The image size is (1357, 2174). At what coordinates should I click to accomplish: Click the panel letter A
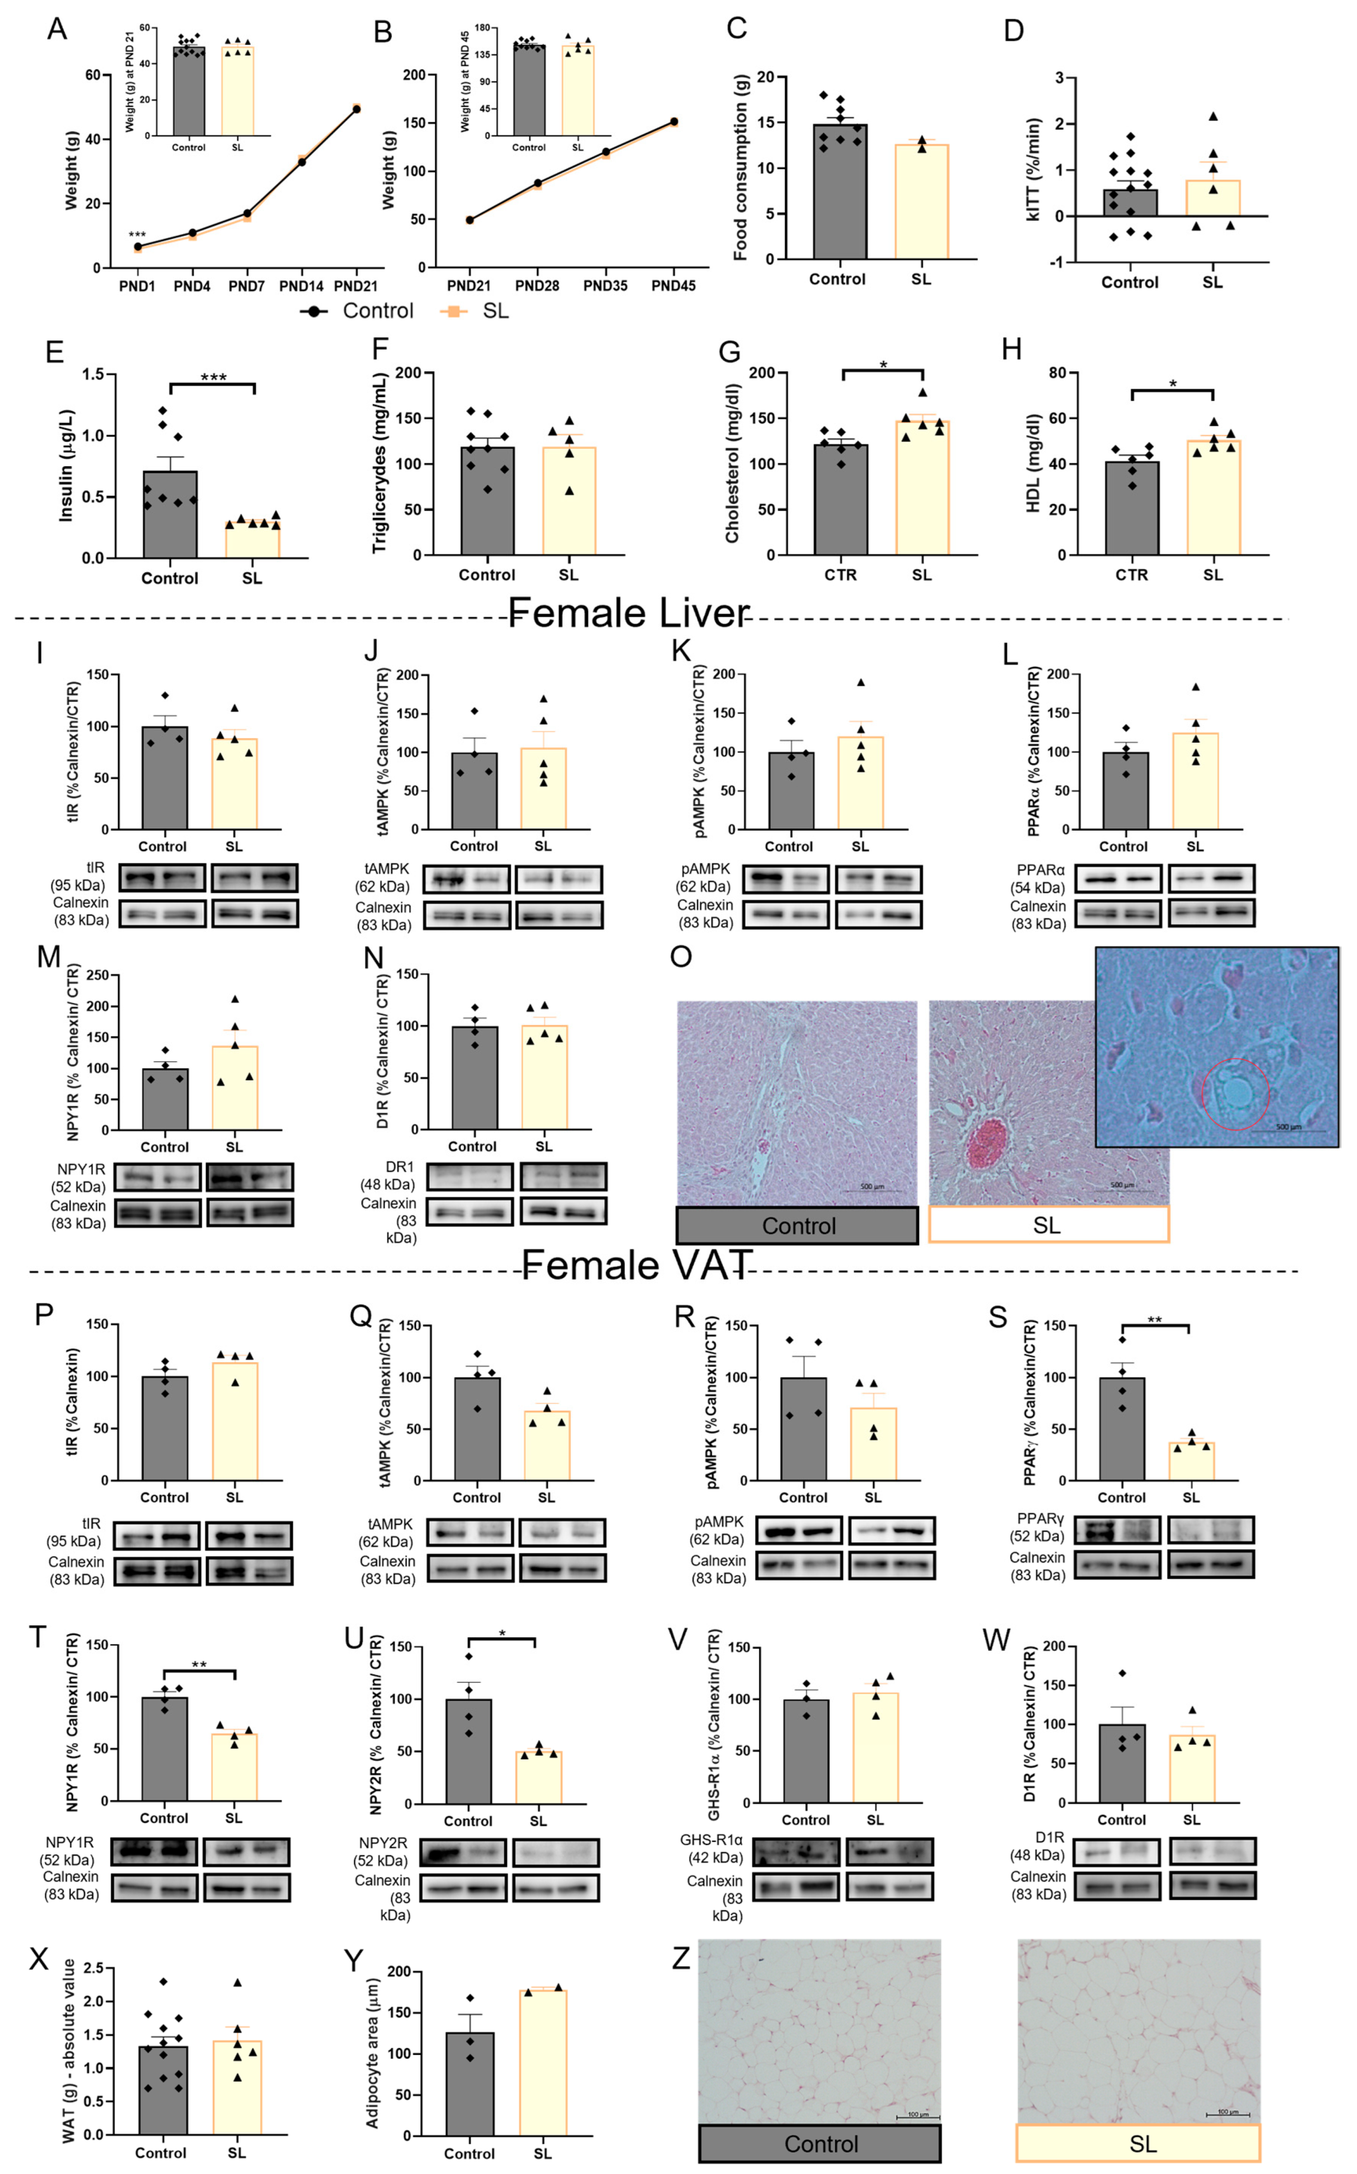click(x=56, y=29)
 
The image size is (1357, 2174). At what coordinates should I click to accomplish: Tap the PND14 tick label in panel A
click(x=301, y=286)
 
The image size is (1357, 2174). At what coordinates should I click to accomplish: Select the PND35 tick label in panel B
click(x=605, y=286)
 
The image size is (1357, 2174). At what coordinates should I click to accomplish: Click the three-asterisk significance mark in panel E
click(x=213, y=378)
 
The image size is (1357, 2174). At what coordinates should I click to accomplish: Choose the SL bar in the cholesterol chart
click(x=922, y=489)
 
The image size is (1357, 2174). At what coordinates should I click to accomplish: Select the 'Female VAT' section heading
click(x=635, y=1265)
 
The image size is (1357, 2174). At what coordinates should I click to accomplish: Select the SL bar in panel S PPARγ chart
click(x=1191, y=1462)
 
